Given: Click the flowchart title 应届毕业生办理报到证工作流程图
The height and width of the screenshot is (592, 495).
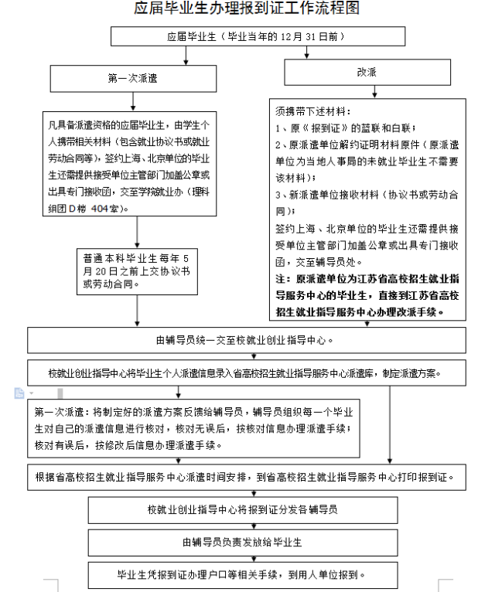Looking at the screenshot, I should coord(247,10).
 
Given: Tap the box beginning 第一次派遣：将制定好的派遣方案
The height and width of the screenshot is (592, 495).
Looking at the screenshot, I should coord(194,428).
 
